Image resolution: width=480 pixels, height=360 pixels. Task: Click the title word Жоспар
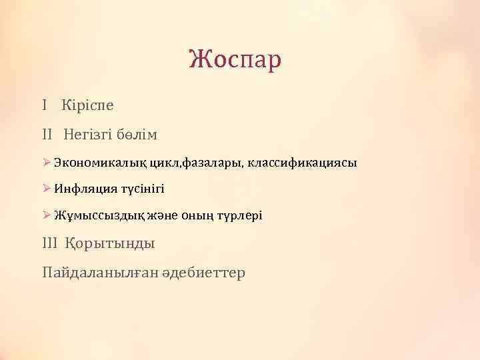point(235,60)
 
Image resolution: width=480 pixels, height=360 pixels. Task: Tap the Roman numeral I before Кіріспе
point(43,105)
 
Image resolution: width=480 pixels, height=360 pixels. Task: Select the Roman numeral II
point(47,135)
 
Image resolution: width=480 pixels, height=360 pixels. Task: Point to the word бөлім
point(139,135)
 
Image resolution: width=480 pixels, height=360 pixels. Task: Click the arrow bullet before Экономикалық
point(46,162)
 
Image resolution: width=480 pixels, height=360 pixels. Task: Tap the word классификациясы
point(303,163)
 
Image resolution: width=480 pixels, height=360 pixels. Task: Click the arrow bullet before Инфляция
point(46,189)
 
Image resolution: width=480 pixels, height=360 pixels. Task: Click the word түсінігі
point(141,189)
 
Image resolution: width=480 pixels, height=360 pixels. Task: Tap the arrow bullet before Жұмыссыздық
point(46,215)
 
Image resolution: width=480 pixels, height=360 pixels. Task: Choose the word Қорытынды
point(110,244)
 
